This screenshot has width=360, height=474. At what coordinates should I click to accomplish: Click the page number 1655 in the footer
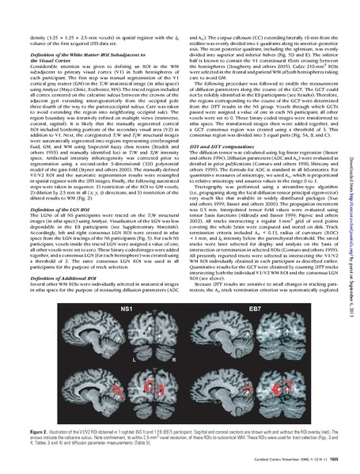click(332, 460)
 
